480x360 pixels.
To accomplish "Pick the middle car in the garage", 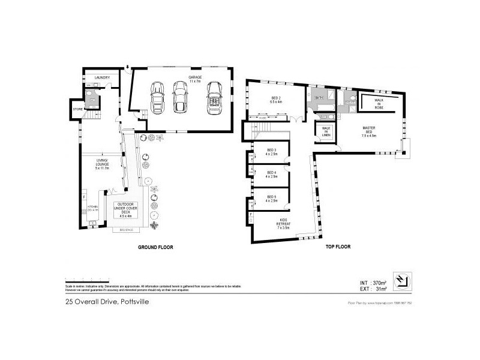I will pos(180,96).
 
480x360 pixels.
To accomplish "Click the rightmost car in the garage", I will pos(214,97).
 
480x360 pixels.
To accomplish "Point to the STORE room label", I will pos(77,109).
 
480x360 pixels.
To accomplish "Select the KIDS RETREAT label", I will pos(283,223).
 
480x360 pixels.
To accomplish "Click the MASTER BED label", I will pos(369,130).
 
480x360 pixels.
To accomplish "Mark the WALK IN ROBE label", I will pos(379,103).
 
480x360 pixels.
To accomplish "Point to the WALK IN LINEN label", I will pos(326,131).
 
